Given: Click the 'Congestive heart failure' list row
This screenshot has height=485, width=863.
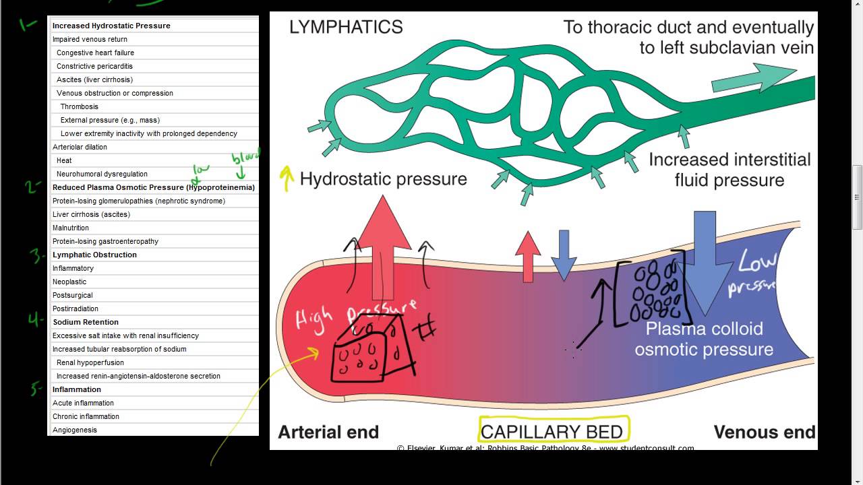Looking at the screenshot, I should (95, 53).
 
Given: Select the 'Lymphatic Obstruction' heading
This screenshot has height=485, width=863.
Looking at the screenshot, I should (94, 255).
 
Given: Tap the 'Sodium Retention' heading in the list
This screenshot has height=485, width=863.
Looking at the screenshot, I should (86, 322).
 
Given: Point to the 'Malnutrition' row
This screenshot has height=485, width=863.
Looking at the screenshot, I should (71, 228).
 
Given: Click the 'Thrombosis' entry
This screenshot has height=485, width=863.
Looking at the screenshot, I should (79, 106).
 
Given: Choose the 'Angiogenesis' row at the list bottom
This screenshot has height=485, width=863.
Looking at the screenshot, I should (75, 430).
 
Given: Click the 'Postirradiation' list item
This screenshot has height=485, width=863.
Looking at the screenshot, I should (76, 309).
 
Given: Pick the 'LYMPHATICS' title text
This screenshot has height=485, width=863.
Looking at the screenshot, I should (346, 27).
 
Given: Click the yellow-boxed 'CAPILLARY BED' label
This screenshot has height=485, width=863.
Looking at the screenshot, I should (552, 430).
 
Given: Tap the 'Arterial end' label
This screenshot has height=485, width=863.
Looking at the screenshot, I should (328, 432).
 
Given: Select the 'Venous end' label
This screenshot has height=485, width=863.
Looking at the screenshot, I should (764, 432).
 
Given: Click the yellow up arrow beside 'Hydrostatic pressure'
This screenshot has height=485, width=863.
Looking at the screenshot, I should (287, 179).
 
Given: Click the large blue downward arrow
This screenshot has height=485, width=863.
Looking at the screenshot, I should (705, 263).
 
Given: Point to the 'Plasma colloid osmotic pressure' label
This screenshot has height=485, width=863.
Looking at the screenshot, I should (704, 339).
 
